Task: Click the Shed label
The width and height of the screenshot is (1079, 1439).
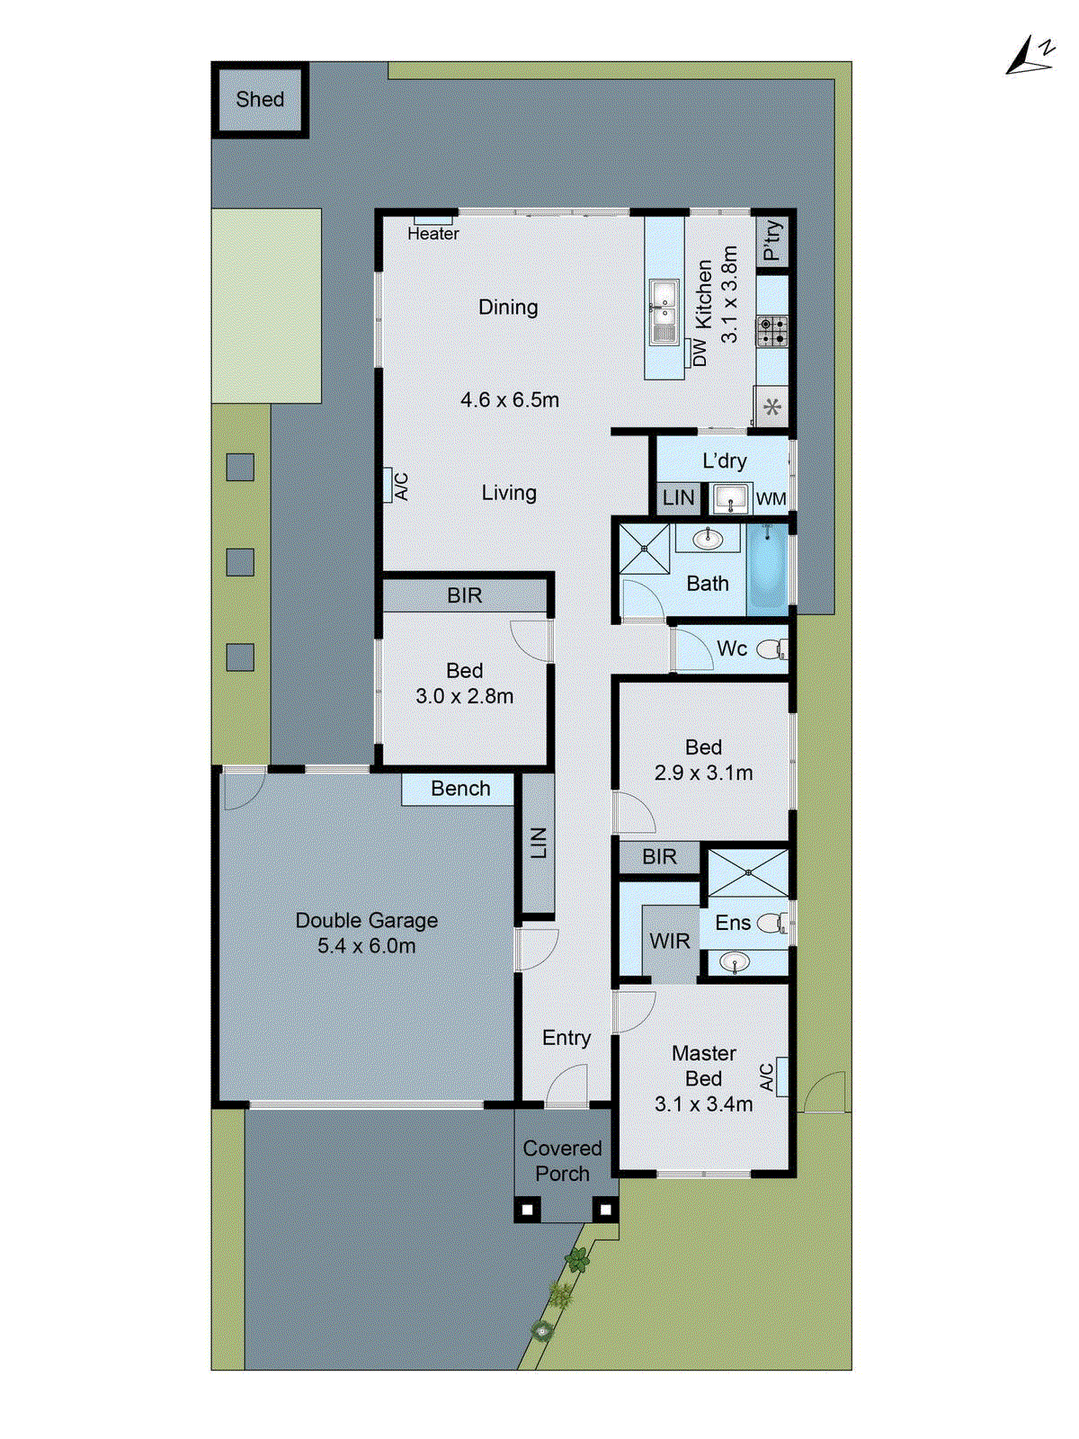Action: click(260, 100)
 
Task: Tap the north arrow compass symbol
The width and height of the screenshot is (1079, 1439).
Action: click(1029, 57)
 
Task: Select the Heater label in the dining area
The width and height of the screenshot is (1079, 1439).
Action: click(432, 234)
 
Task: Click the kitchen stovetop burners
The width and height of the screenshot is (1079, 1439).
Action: click(771, 331)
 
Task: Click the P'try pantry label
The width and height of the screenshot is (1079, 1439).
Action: click(771, 240)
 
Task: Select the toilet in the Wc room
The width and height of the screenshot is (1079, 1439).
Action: click(771, 648)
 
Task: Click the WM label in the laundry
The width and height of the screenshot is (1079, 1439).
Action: click(771, 499)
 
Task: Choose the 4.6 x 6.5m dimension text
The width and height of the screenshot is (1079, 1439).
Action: click(510, 400)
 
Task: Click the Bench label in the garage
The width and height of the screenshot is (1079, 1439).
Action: click(460, 789)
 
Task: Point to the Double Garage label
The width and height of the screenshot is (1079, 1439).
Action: click(367, 921)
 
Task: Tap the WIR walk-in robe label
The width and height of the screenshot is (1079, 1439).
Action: click(670, 942)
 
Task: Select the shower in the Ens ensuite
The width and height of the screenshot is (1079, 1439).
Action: click(748, 871)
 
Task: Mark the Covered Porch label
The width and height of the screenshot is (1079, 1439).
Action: click(562, 1161)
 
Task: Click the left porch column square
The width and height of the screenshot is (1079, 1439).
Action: click(528, 1210)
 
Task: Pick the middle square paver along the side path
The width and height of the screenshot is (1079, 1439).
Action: click(240, 562)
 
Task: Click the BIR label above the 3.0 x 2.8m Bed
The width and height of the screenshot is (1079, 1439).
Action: click(465, 595)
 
